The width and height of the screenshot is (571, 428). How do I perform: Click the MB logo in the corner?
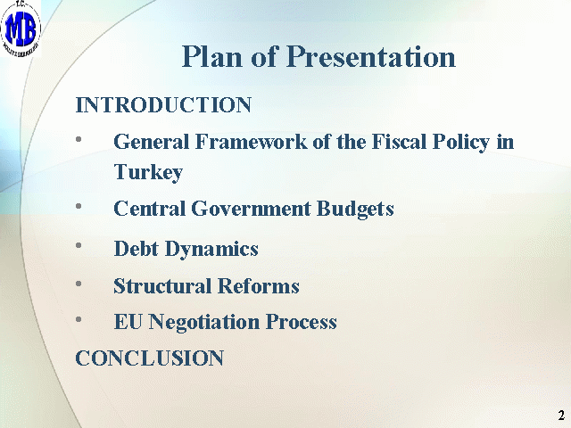click(x=21, y=29)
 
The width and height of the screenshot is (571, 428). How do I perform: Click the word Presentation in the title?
click(x=371, y=56)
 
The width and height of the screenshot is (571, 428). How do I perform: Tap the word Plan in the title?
click(x=212, y=56)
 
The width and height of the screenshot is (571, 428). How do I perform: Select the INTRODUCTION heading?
click(x=163, y=105)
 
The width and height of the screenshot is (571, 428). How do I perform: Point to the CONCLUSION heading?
click(x=150, y=358)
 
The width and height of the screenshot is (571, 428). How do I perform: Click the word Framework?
click(x=252, y=141)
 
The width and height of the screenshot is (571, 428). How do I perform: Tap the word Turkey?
click(x=148, y=172)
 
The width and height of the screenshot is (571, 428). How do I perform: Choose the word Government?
click(x=251, y=209)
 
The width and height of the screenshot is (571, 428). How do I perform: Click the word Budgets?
click(x=355, y=210)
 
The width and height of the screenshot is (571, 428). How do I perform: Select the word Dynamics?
click(x=211, y=250)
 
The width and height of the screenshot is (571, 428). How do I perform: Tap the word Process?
click(x=302, y=322)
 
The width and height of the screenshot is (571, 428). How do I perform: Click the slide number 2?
click(x=561, y=415)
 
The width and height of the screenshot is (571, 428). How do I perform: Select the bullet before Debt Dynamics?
click(x=79, y=245)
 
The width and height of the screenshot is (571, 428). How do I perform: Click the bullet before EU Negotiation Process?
click(x=79, y=319)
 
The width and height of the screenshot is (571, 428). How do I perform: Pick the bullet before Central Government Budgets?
click(x=79, y=206)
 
